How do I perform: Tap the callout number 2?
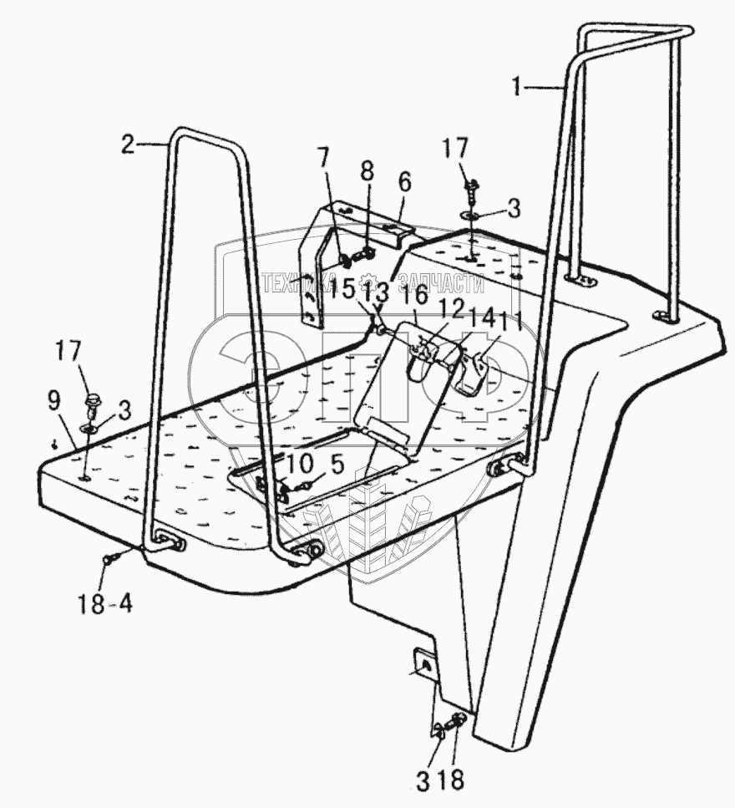(127, 144)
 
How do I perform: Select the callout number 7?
(322, 157)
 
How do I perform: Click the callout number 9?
(53, 400)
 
